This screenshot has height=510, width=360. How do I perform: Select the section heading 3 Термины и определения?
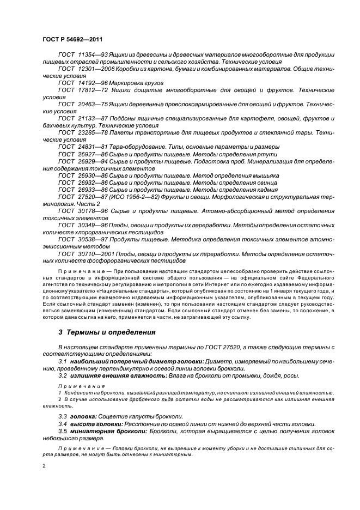point(100,332)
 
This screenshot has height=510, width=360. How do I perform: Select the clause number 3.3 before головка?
point(63,416)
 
